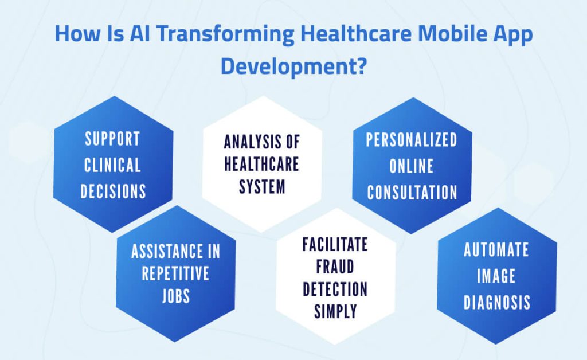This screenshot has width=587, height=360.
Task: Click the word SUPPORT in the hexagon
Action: tap(112, 139)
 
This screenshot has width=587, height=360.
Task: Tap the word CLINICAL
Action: tap(112, 165)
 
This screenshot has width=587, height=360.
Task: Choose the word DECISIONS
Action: tap(112, 191)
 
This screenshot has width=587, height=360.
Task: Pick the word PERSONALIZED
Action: tap(412, 140)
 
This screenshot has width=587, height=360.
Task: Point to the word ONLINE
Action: tap(412, 166)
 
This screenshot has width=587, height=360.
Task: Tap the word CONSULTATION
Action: tap(412, 192)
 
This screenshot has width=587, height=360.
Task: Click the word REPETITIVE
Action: tap(176, 274)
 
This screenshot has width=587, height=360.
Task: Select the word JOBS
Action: tap(176, 296)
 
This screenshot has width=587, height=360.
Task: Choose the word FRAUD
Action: tap(335, 267)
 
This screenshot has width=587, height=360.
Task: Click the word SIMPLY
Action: tap(335, 311)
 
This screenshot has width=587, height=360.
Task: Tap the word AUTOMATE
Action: tap(496, 250)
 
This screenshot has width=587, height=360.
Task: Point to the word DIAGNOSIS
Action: tap(496, 302)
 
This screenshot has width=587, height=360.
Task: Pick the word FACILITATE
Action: tap(335, 245)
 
